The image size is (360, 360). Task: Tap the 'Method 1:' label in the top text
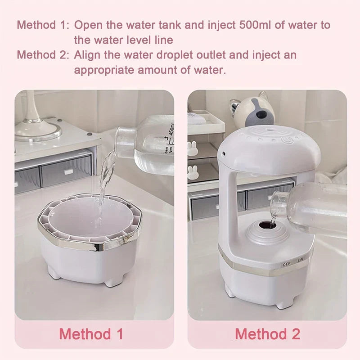42,25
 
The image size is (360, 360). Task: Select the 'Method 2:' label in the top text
42,55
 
